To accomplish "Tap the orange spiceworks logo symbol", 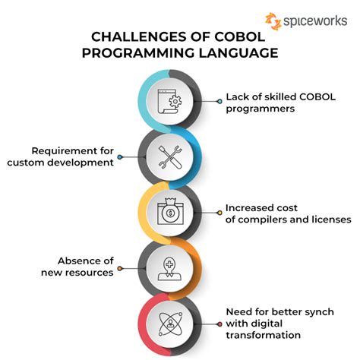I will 271,20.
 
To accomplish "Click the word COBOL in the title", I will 238,36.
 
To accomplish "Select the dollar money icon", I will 168,212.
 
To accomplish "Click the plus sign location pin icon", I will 168,268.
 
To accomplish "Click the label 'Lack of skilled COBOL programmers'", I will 270,103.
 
